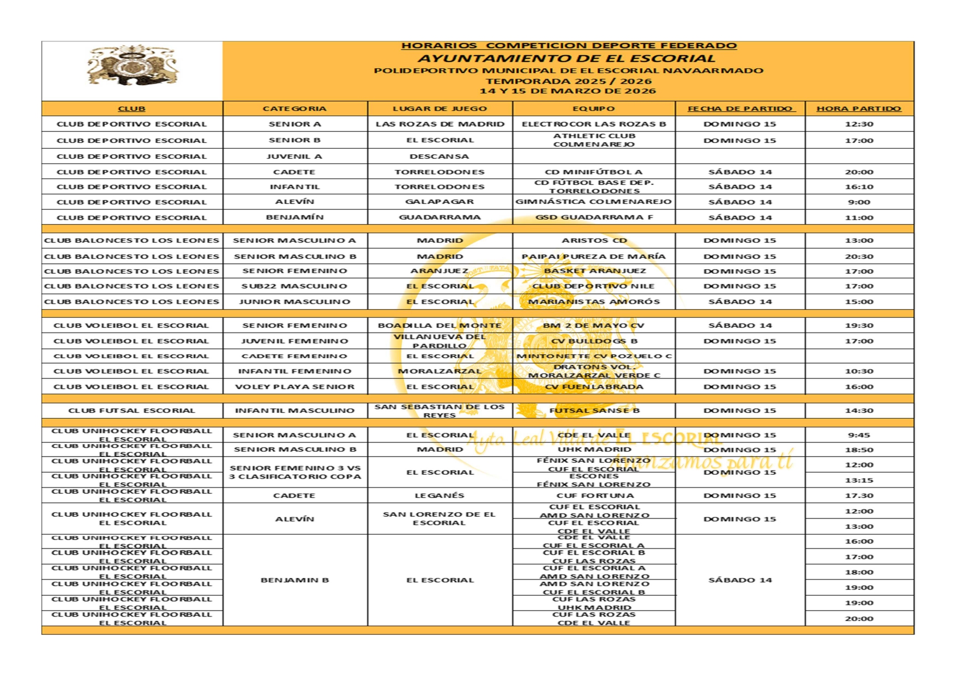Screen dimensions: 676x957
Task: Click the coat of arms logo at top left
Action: (x=132, y=66)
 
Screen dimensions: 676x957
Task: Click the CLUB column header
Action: (x=131, y=108)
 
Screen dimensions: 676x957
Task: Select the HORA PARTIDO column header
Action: (x=858, y=108)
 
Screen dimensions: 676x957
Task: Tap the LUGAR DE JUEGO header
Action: (x=440, y=108)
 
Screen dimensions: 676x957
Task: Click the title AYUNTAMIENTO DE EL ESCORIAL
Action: (x=566, y=58)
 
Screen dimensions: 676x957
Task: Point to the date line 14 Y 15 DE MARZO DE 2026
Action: (x=567, y=91)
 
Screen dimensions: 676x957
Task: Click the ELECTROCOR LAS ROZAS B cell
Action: (x=594, y=124)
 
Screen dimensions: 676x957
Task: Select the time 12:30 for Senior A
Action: (x=859, y=124)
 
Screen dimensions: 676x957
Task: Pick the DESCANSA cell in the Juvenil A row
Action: (x=439, y=156)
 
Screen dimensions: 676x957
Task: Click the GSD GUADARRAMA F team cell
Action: (x=594, y=217)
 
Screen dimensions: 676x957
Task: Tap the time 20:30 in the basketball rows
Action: (x=859, y=256)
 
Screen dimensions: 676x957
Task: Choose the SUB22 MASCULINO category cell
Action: (x=294, y=286)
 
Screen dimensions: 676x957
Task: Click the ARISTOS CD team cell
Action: (x=594, y=240)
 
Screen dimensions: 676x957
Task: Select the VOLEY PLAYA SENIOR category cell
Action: (x=294, y=387)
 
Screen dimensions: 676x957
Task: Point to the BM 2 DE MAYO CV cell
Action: (x=594, y=325)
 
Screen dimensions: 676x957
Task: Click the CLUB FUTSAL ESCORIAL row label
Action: (x=131, y=411)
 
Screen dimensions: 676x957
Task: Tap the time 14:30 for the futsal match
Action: (x=859, y=411)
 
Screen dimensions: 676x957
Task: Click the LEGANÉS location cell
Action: (x=440, y=496)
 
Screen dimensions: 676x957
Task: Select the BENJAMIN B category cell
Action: (x=294, y=580)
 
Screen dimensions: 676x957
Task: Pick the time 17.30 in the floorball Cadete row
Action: (x=859, y=496)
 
